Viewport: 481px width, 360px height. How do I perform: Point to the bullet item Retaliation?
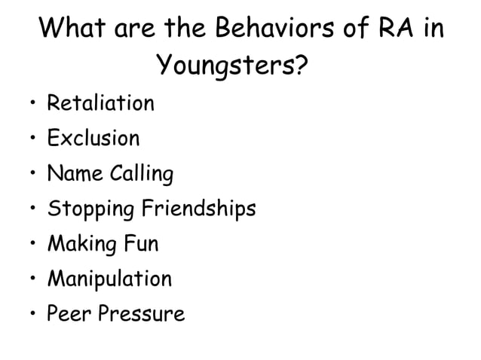point(100,102)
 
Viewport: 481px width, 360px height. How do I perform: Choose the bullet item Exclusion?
point(93,139)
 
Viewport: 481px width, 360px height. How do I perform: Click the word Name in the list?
point(72,174)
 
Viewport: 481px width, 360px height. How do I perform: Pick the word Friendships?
point(195,209)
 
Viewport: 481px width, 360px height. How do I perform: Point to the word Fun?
point(141,244)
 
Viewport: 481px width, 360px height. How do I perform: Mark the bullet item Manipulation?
point(109,279)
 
